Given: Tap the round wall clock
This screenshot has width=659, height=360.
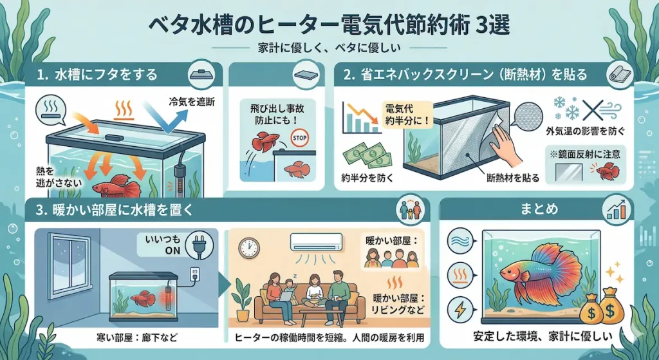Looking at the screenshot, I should point(248,247).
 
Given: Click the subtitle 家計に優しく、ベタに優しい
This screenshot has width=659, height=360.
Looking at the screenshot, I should point(329,49).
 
